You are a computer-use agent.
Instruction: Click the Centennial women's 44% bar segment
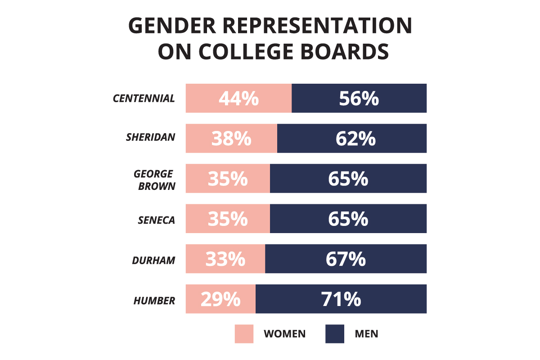[x=238, y=98]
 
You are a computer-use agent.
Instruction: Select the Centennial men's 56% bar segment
[x=359, y=98]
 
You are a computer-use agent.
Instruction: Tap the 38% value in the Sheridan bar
[x=231, y=138]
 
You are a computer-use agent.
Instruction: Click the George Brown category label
[x=154, y=179]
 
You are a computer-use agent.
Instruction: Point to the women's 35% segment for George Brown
[x=228, y=178]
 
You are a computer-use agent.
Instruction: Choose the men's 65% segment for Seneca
[x=348, y=218]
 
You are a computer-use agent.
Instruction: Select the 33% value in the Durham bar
[x=225, y=259]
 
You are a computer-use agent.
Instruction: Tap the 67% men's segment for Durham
[x=346, y=259]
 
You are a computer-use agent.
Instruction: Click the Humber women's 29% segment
[x=220, y=299]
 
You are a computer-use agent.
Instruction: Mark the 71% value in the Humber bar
[x=341, y=299]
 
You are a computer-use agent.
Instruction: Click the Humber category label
[x=154, y=301]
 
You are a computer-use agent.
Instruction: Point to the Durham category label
[x=153, y=261]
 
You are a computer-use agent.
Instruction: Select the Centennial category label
[x=144, y=99]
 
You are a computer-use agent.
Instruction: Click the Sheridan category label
[x=151, y=137]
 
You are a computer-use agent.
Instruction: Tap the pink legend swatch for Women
[x=244, y=333]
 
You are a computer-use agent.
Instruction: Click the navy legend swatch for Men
[x=334, y=333]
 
